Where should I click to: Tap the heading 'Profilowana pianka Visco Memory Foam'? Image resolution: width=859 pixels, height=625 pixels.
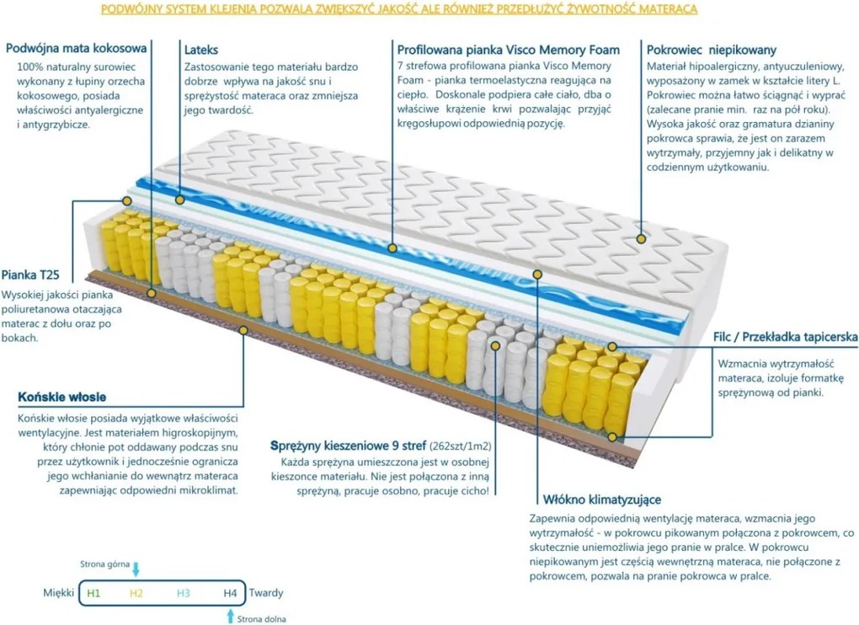point(508,50)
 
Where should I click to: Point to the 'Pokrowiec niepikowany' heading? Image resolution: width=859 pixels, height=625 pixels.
point(712,50)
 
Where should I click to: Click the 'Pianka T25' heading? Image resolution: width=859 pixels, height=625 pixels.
point(30,275)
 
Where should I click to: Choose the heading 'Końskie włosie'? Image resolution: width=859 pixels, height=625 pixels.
point(61,398)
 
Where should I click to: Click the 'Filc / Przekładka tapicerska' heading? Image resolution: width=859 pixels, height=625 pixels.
point(785,337)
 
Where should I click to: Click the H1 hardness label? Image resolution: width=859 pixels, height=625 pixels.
point(93,593)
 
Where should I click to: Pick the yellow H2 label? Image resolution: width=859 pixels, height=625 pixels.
point(137,593)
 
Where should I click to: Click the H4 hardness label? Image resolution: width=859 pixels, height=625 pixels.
point(229,593)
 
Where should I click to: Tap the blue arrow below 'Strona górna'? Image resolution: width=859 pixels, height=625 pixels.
point(136,569)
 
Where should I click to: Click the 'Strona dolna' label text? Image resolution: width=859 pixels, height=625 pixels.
point(262,619)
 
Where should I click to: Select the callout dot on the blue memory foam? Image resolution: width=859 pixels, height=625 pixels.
point(392,248)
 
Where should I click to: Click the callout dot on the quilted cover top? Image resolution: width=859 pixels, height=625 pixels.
point(640,239)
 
